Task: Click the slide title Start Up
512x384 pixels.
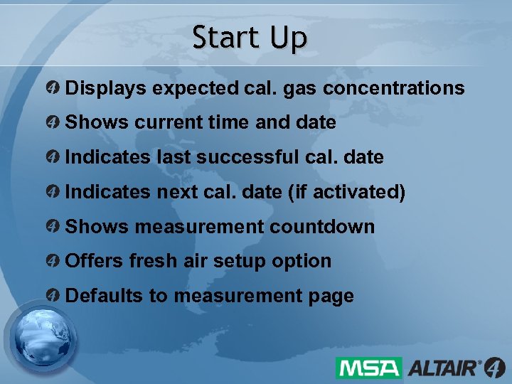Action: (250, 38)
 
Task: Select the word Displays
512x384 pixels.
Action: (105, 88)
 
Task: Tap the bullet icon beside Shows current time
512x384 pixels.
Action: (53, 122)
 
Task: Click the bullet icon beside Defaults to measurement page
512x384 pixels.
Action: (53, 296)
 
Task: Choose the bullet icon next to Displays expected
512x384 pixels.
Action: (53, 88)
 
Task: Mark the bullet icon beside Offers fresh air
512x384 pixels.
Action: (53, 261)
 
